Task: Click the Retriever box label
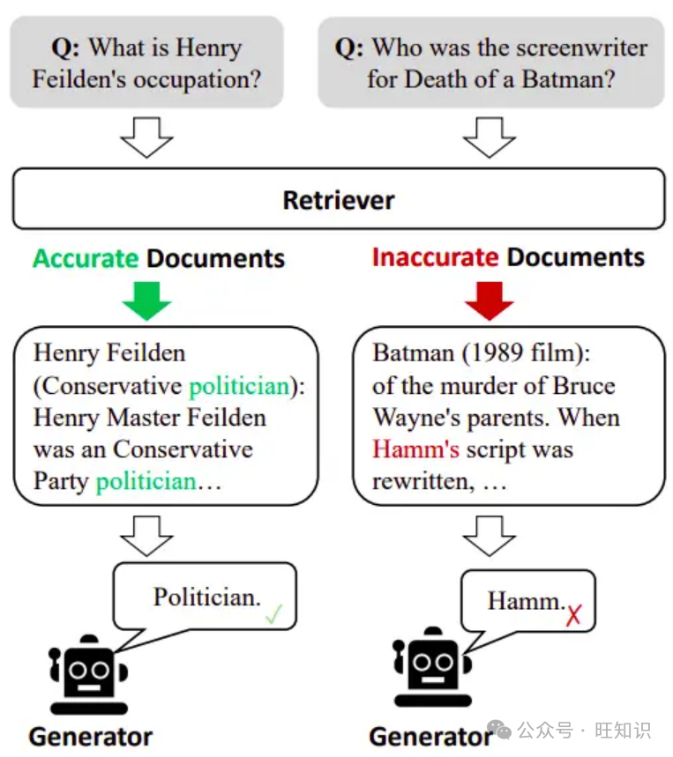point(338,200)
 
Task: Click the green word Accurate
point(86,258)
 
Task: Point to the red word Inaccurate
point(435,257)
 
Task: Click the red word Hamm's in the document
point(415,449)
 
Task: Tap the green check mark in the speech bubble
point(273,615)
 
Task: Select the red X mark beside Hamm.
point(574,615)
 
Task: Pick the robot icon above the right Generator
point(430,668)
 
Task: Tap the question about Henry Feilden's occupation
point(146,63)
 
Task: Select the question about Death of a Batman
point(490,63)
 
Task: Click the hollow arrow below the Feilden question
point(146,137)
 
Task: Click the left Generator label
point(90,737)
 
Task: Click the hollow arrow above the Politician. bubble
point(146,535)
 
